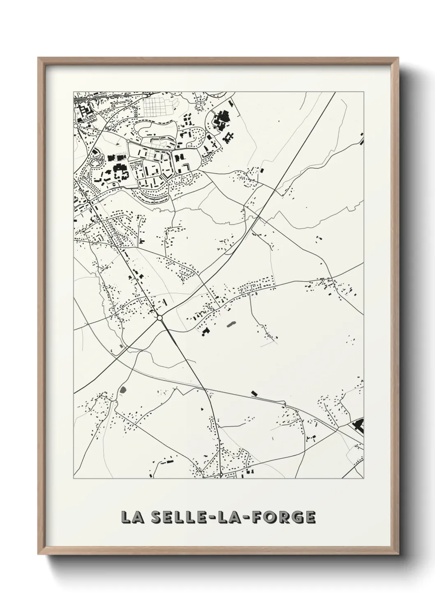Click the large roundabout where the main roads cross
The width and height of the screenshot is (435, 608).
160,318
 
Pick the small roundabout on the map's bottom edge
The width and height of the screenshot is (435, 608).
222,475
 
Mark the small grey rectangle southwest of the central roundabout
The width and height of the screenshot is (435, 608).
121,347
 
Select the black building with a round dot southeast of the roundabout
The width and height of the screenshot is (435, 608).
205,331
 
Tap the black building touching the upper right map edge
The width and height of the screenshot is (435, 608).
361,139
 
